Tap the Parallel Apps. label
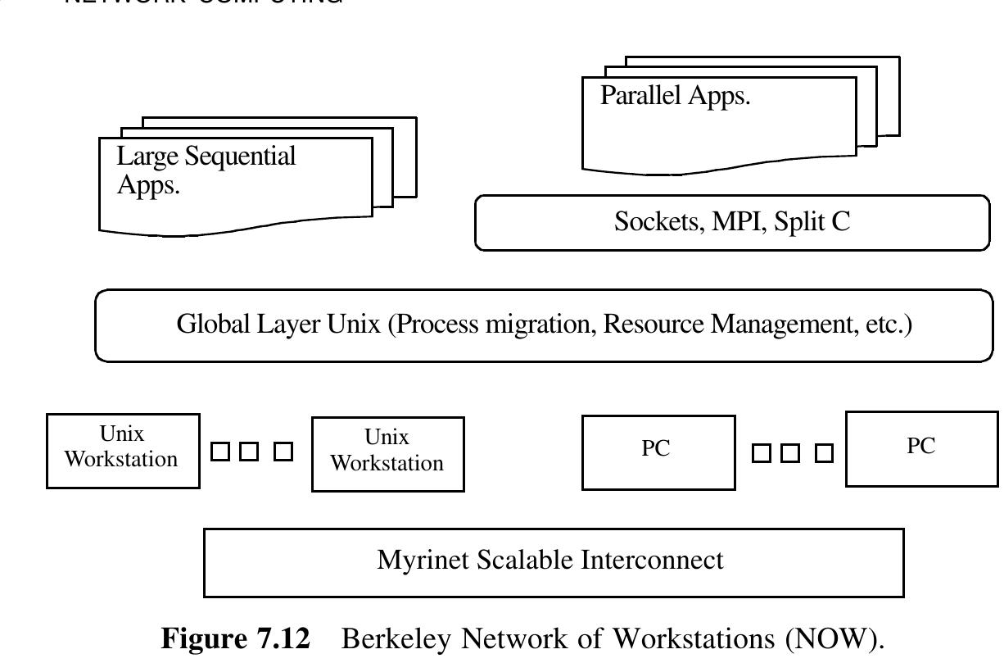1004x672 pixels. [x=675, y=96]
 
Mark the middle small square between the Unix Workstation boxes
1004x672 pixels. [x=251, y=452]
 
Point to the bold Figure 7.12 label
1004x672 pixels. [x=236, y=639]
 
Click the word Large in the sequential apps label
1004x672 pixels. [x=141, y=156]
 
